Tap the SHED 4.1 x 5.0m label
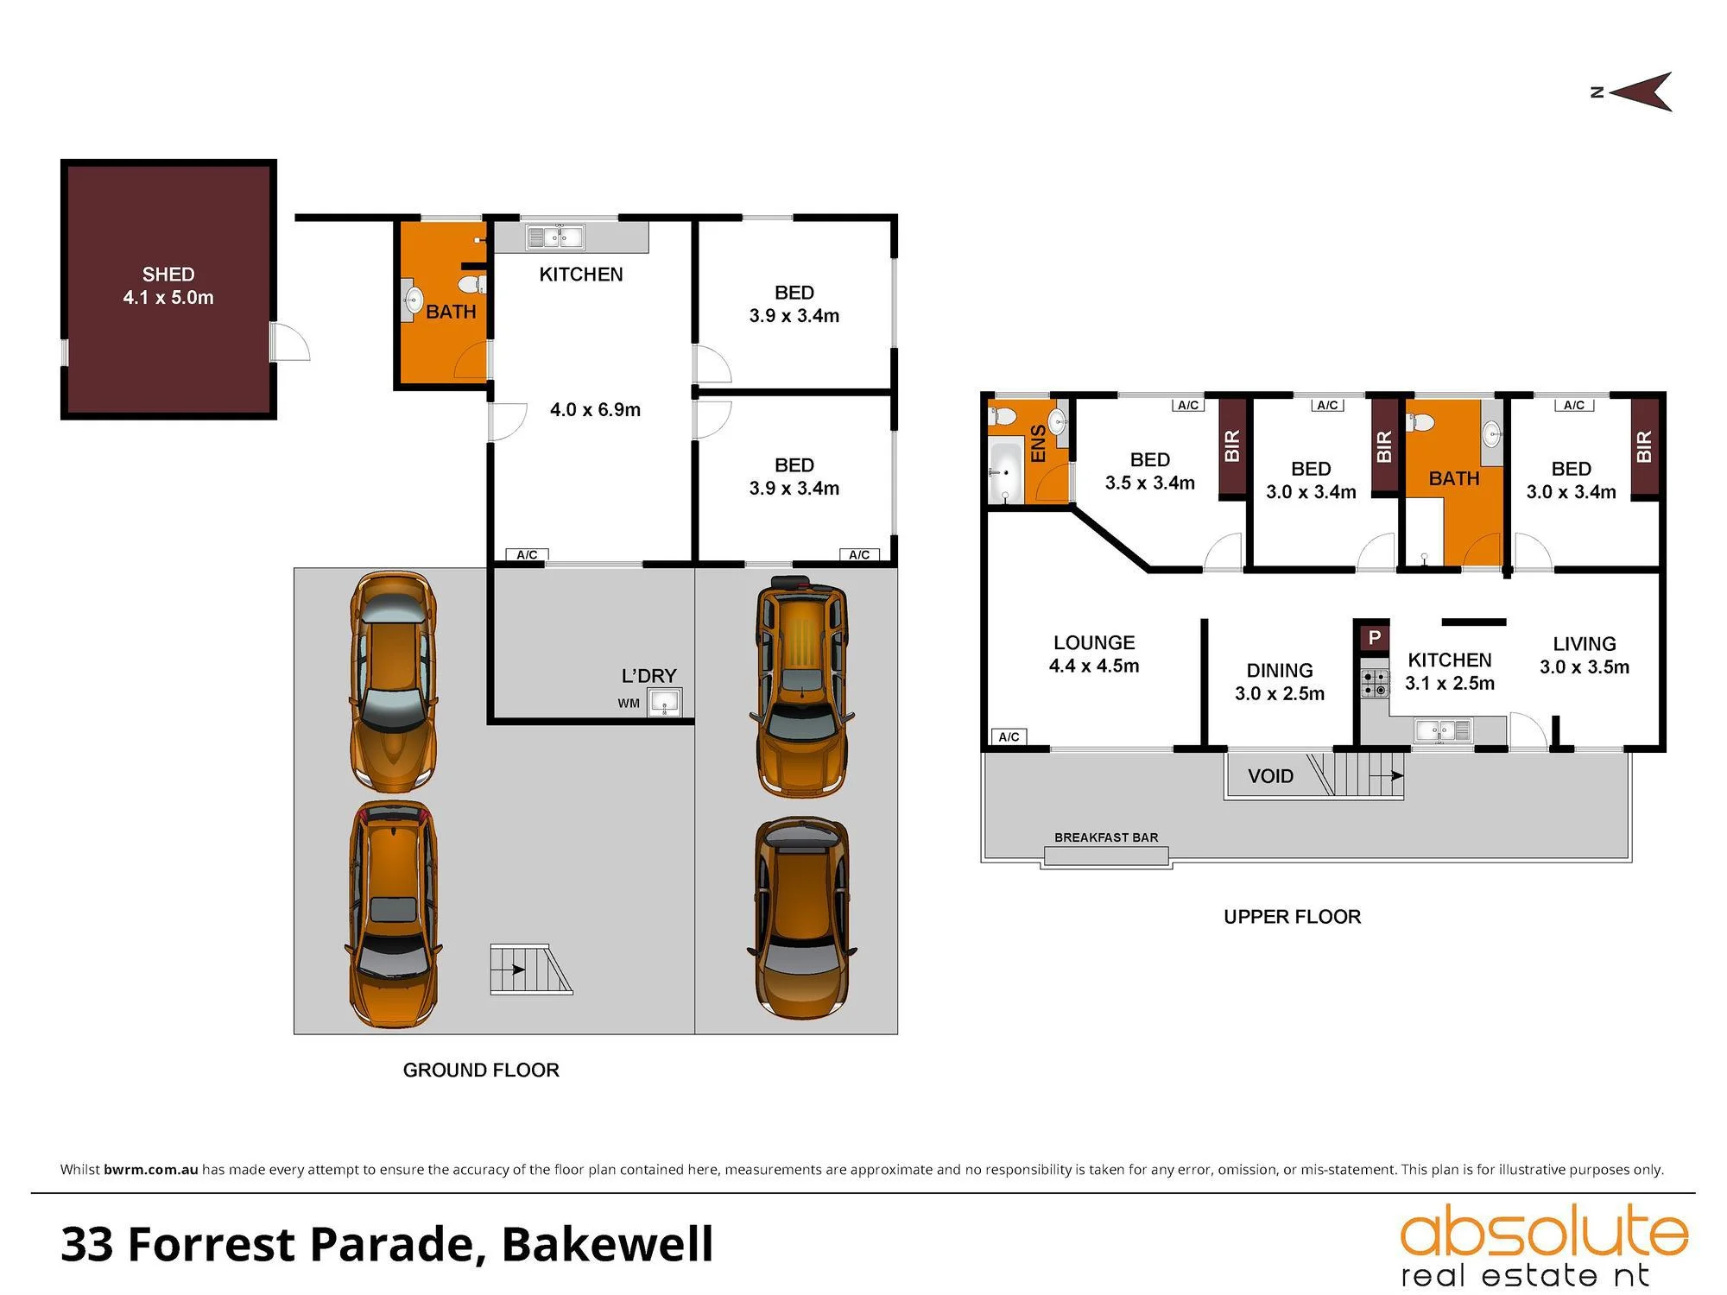pos(168,286)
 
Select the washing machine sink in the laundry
pos(665,703)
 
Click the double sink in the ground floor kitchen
pos(556,236)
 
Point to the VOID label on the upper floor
pos(1270,776)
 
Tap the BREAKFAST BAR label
pos(1106,837)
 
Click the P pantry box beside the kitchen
pos(1374,638)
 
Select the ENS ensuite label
pos(1039,443)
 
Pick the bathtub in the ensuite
pos(1004,471)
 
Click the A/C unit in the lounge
pos(1009,736)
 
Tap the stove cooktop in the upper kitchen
pos(1376,684)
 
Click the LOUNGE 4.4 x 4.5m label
pos(1094,654)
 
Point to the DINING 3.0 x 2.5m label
pos(1280,682)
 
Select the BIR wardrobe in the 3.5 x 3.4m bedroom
pos(1232,446)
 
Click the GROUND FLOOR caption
pos(481,1071)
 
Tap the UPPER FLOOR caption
pos(1292,917)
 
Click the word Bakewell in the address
pos(608,1244)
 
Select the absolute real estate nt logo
pos(1543,1246)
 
